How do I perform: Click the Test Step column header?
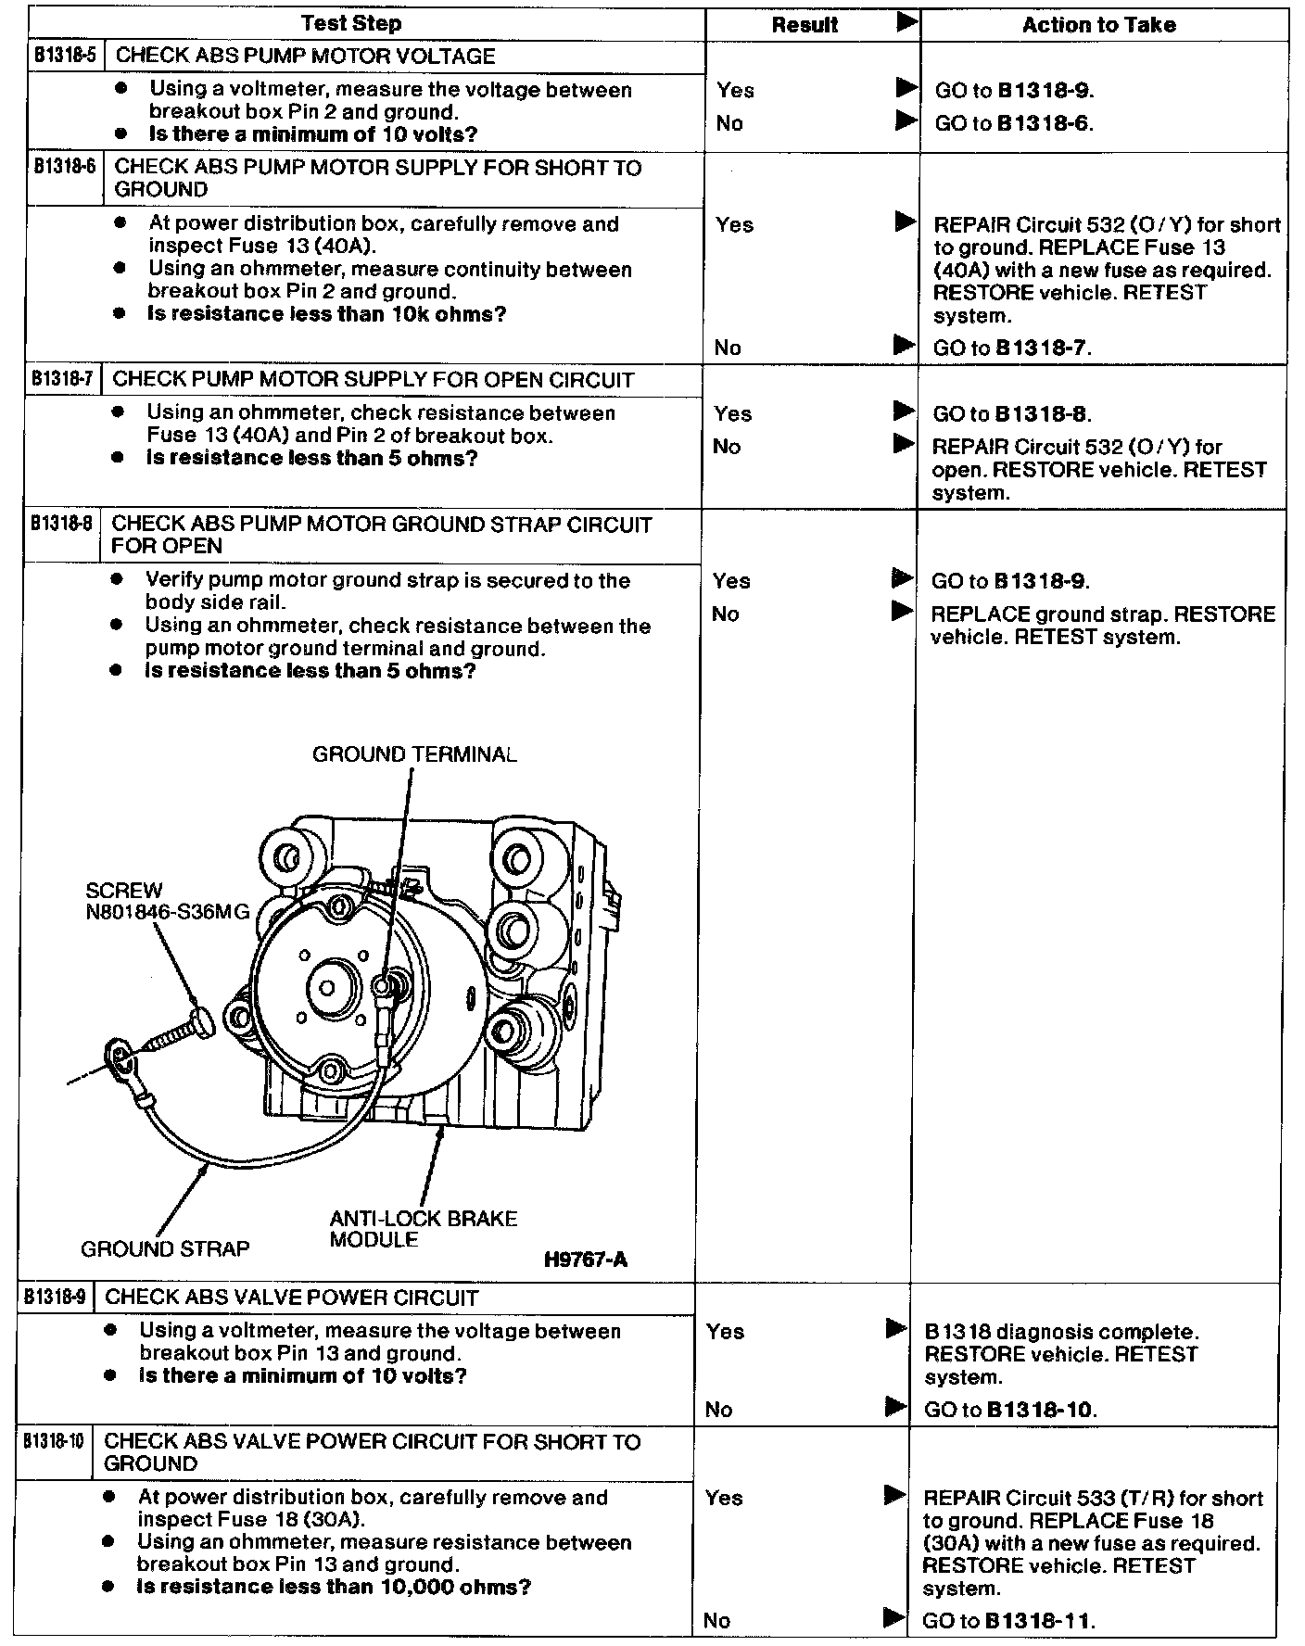coord(351,24)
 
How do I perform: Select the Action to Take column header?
coord(1098,25)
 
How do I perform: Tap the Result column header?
coord(805,26)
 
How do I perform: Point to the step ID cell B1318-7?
coord(62,379)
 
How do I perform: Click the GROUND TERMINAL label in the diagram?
coord(414,753)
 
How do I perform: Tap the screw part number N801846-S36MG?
coord(168,912)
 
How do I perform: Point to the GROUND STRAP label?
coord(165,1248)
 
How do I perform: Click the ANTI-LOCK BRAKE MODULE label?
coord(423,1229)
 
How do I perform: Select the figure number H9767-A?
coord(586,1259)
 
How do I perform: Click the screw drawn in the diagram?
coord(176,1032)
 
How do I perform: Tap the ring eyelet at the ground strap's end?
coord(120,1054)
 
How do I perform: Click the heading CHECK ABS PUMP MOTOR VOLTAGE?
coord(305,56)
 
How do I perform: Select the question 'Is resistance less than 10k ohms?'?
coord(327,313)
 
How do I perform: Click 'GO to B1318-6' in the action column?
coord(1014,123)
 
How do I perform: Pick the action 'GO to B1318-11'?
coord(1009,1621)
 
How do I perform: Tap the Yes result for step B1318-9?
coord(725,1332)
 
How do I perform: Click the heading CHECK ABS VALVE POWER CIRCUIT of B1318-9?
coord(292,1297)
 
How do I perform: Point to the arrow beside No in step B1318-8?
coord(900,612)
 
